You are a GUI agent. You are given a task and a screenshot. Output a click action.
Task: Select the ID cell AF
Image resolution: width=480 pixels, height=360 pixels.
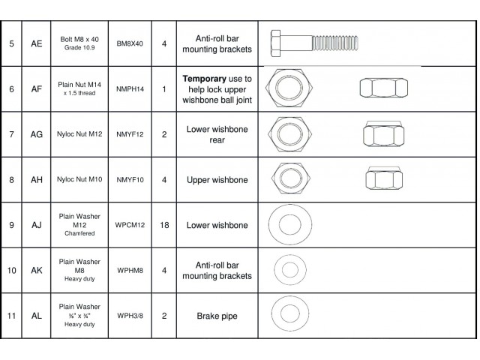coord(36,89)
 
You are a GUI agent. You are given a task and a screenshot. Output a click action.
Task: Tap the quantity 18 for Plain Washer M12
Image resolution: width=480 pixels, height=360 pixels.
coord(163,225)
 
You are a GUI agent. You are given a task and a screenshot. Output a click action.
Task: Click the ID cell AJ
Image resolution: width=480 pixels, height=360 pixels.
coord(36,225)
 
